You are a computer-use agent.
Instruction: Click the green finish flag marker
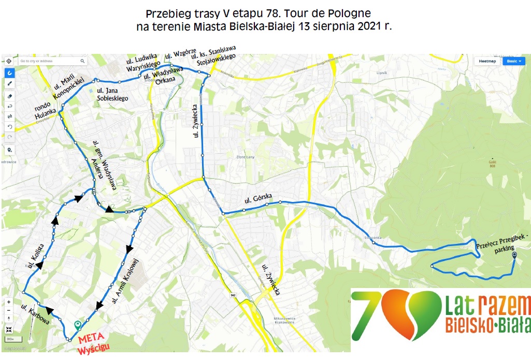click(78, 325)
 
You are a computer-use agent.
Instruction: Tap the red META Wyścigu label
click(95, 344)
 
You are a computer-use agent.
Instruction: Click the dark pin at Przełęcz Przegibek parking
click(514, 255)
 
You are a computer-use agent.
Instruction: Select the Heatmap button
click(487, 61)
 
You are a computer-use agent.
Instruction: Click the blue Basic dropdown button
click(514, 61)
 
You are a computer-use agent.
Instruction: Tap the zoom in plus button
click(9, 301)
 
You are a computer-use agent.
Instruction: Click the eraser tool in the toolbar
click(9, 96)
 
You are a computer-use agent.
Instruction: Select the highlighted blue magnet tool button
click(9, 73)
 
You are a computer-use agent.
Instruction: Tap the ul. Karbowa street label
click(35, 313)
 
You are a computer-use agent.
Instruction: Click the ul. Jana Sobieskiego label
click(112, 94)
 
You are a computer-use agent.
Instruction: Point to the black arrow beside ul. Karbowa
click(50, 310)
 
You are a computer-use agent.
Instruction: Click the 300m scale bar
click(9, 339)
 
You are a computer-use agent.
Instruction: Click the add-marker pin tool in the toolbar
click(9, 150)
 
